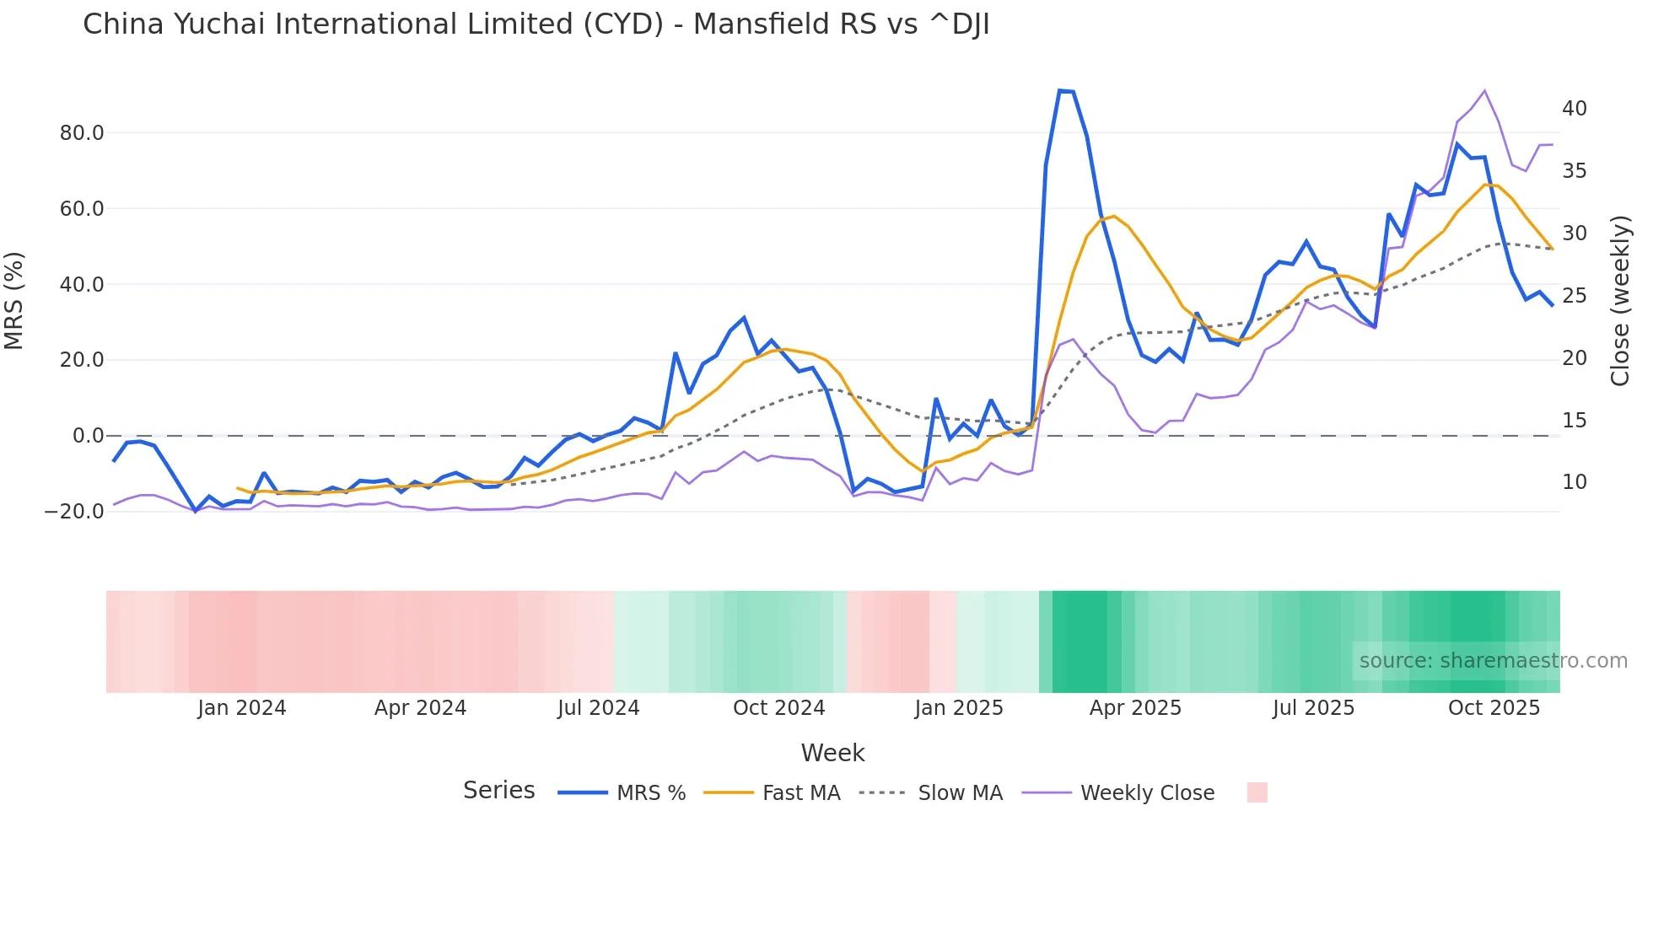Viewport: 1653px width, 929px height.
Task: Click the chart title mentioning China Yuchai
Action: click(536, 24)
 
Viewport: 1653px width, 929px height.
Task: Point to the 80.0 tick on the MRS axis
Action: click(82, 133)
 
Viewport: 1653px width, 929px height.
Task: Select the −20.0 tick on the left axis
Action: click(74, 512)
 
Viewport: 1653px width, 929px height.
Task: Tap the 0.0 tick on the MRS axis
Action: click(88, 436)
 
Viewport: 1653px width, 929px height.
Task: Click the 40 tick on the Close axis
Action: click(1574, 109)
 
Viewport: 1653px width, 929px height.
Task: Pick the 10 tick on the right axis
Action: click(1574, 482)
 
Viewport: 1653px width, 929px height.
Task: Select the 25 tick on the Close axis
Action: click(1574, 296)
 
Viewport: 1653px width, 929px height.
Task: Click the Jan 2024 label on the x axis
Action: click(242, 708)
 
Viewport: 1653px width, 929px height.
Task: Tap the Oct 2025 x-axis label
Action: click(1494, 708)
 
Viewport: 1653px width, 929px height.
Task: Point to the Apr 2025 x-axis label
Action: click(1135, 708)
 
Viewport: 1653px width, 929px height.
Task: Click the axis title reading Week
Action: click(832, 753)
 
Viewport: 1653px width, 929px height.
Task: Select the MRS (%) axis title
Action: click(14, 301)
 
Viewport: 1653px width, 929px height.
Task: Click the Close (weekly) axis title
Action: click(1620, 301)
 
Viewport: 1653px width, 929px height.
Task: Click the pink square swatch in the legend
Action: click(1257, 792)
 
